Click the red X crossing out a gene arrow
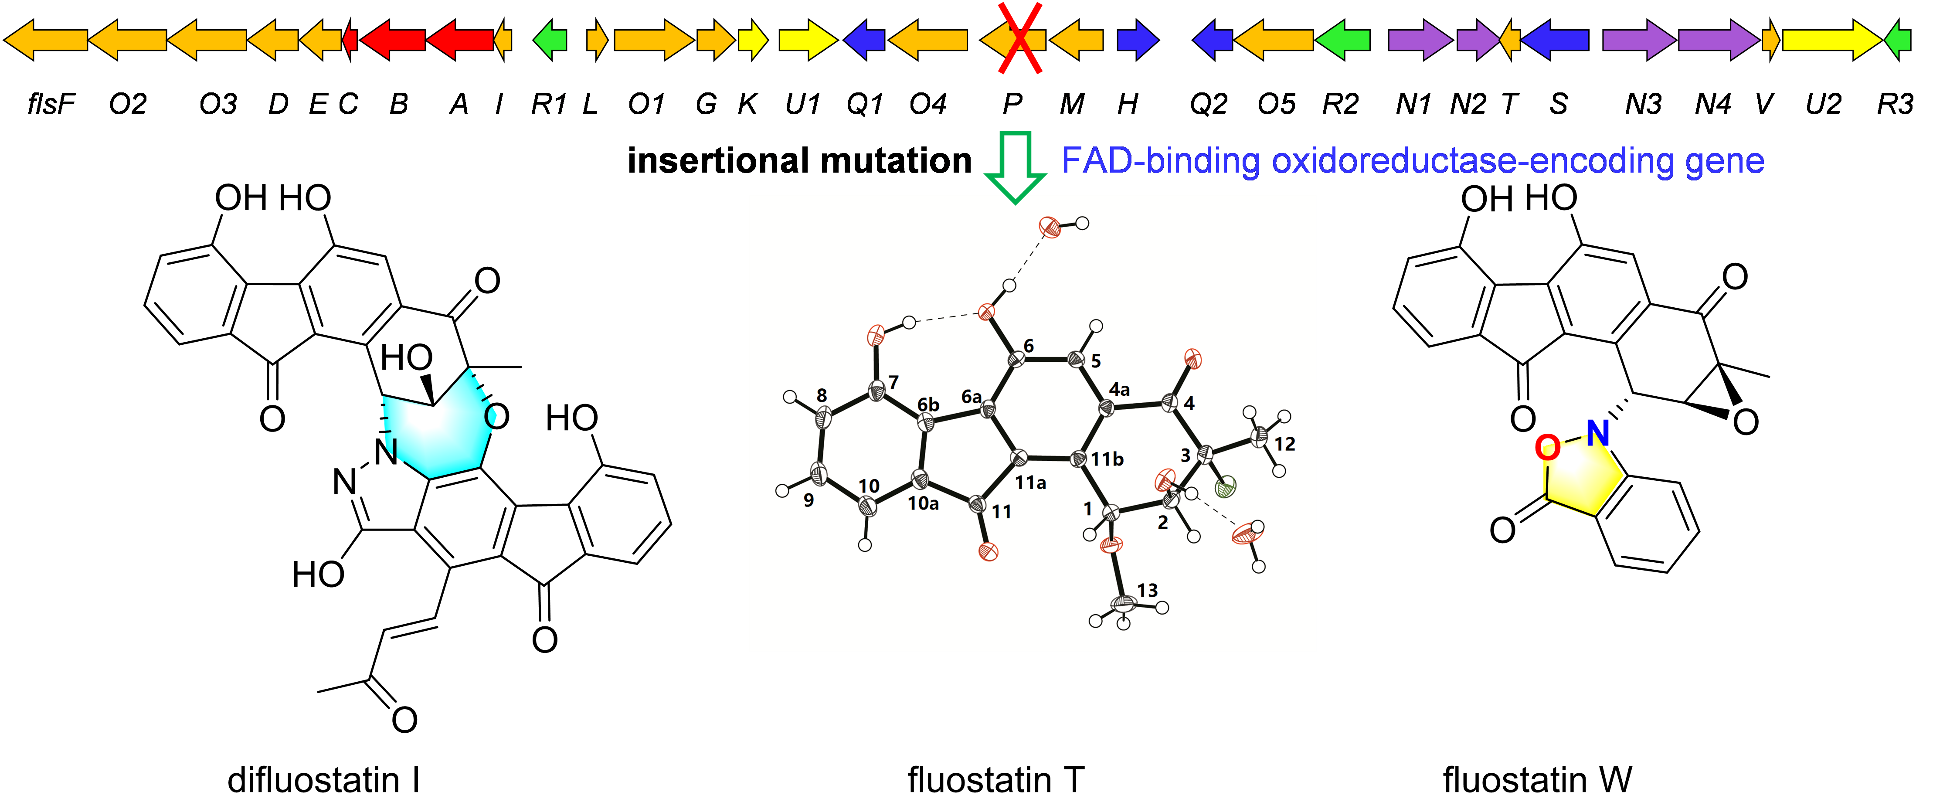tap(1019, 39)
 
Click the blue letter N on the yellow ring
tap(1597, 433)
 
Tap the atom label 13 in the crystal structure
tap(1147, 591)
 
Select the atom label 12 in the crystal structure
tap(1284, 444)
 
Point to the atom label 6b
tap(928, 405)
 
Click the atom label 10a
tap(923, 503)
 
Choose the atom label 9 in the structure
tap(808, 500)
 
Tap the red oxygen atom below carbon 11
tap(988, 552)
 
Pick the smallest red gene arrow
tap(350, 40)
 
